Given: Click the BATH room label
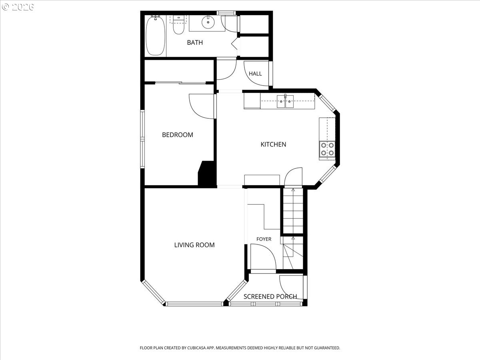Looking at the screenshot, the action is [x=195, y=42].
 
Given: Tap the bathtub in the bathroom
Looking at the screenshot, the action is [x=155, y=36].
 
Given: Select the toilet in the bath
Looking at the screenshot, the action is [x=179, y=25].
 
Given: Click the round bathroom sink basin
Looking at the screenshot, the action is [x=208, y=22].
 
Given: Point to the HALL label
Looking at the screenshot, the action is [x=255, y=74].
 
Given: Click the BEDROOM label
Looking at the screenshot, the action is [x=178, y=135].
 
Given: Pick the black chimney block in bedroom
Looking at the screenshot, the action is [x=207, y=174].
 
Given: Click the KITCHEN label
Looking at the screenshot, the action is [x=273, y=144].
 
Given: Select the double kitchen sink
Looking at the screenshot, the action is [x=285, y=102].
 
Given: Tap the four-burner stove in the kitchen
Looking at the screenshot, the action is [x=327, y=149].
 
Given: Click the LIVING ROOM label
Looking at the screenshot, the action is [x=194, y=245].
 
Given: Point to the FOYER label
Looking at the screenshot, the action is [x=264, y=239].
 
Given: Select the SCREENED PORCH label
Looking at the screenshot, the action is [x=270, y=297].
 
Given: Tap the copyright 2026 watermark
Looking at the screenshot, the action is [x=18, y=7].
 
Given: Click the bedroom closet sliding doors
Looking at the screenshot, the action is [x=181, y=83].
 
